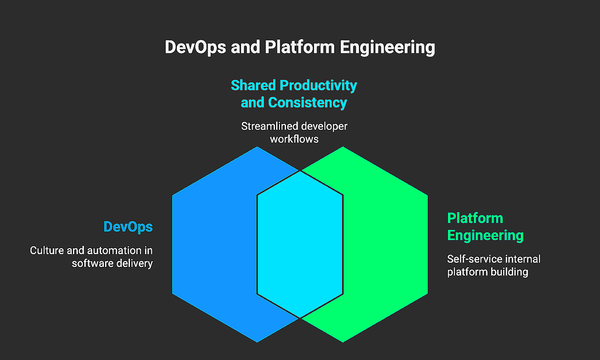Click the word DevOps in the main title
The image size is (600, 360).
point(195,47)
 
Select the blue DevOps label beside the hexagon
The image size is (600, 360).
point(128,227)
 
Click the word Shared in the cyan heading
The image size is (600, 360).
point(253,85)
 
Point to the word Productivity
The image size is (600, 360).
point(318,85)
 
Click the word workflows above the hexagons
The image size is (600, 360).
point(294,139)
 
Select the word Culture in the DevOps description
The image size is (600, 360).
point(47,250)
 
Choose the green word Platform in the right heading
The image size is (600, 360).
point(475,218)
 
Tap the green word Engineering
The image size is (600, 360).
point(485,235)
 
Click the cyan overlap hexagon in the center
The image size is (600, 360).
point(300,244)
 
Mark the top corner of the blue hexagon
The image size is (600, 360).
point(257,147)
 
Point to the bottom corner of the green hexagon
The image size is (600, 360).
point(343,342)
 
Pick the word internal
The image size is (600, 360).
point(521,259)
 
